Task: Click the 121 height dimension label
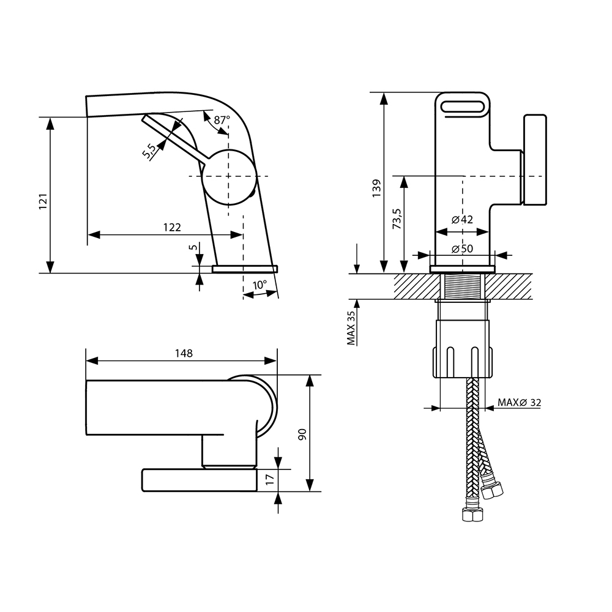coord(43,201)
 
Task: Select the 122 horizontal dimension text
coord(171,227)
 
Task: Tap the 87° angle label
coord(222,120)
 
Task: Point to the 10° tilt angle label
coord(259,285)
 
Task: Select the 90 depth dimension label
coord(301,435)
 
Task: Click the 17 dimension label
coord(270,480)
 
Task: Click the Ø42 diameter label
coord(463,220)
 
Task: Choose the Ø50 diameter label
coord(463,248)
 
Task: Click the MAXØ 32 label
coord(519,402)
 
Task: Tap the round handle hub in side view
coord(228,176)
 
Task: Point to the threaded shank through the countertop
coord(463,286)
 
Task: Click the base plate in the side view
coord(245,268)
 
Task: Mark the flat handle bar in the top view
coord(199,480)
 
